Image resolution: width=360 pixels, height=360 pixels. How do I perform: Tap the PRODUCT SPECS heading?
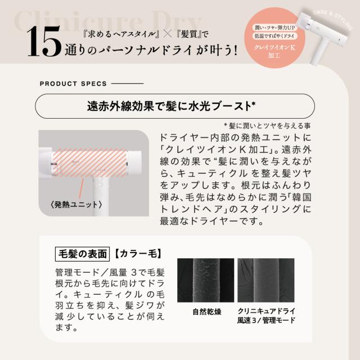click(73, 84)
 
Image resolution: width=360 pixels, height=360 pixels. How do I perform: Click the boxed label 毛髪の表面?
click(81, 254)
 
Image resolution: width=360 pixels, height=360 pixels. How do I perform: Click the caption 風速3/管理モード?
click(267, 322)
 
